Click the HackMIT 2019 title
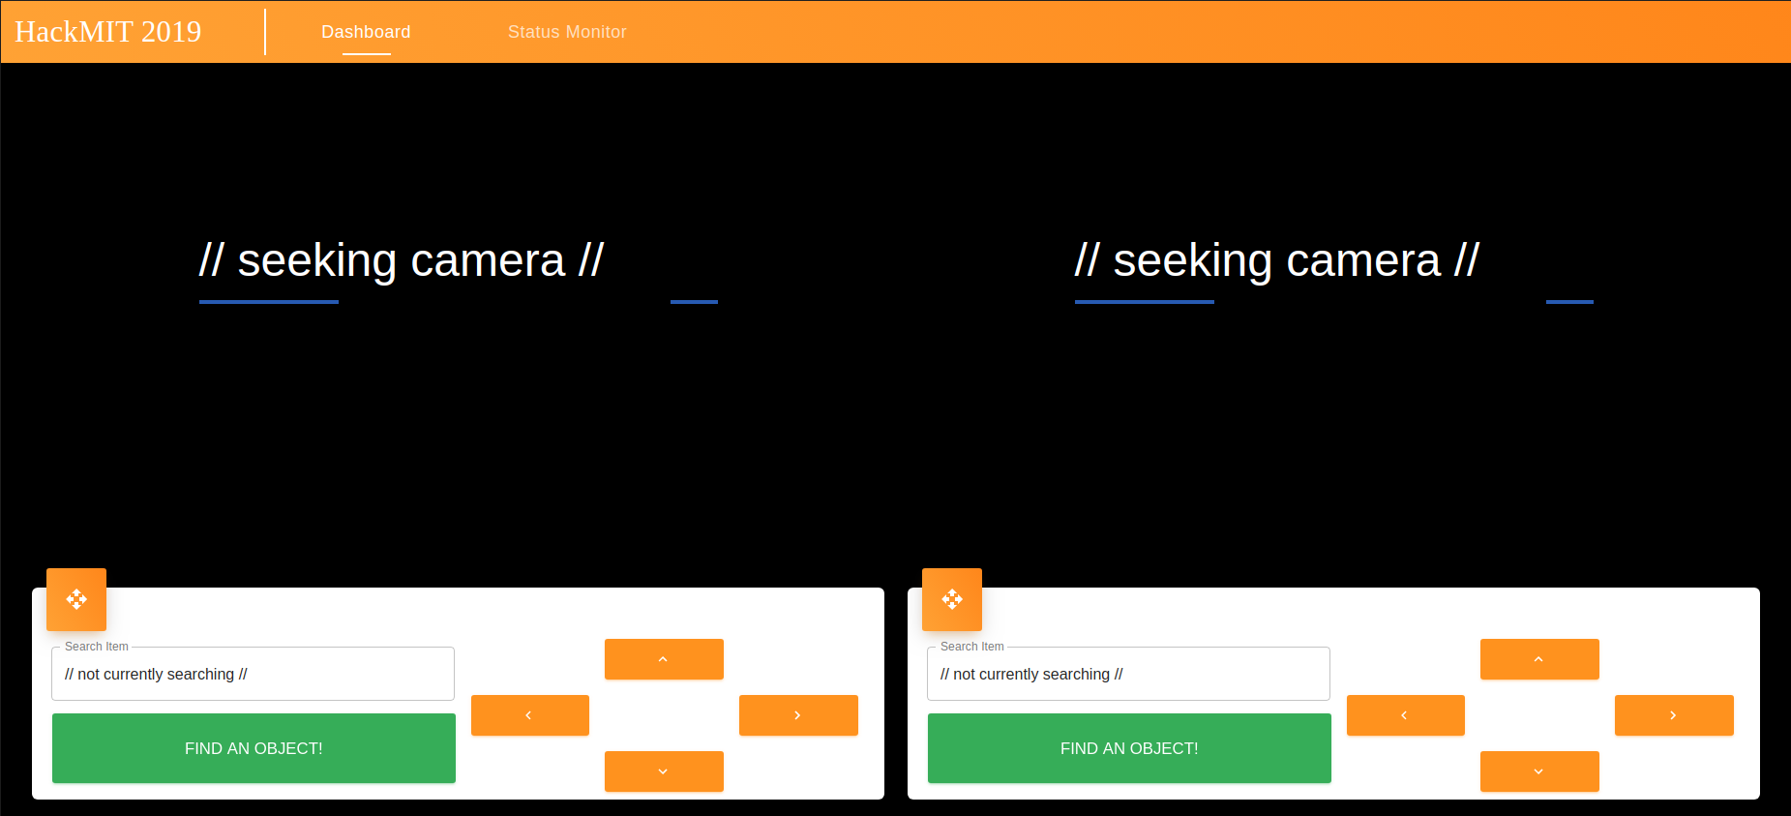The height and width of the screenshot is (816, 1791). pos(108,32)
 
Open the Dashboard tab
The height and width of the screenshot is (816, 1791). pos(366,32)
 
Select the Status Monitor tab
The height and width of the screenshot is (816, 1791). pos(567,32)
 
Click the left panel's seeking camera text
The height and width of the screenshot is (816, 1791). pos(401,260)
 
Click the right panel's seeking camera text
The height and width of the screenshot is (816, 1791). pos(1276,260)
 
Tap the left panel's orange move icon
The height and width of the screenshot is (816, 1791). pos(76,599)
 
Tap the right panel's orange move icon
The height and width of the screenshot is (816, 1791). pos(952,599)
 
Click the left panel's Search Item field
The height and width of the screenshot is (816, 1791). pos(253,675)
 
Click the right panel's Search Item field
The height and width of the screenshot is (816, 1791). pos(1128,675)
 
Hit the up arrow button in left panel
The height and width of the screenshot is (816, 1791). pos(664,659)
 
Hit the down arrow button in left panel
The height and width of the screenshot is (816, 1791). pos(664,771)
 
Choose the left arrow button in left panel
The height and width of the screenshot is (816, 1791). pos(529,715)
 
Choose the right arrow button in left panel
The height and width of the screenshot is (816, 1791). pos(798,715)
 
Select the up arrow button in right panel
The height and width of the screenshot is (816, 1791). pos(1539,659)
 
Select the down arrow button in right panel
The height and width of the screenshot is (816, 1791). pos(1539,771)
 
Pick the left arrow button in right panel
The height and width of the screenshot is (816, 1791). pos(1405,715)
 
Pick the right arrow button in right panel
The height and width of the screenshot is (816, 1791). pos(1674,715)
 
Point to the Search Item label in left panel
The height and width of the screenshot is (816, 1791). pos(97,647)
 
